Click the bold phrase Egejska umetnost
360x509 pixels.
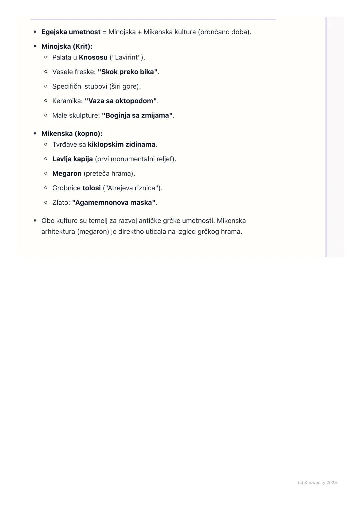pos(71,32)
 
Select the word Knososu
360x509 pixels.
pos(93,57)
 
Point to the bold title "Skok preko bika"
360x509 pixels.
pos(127,72)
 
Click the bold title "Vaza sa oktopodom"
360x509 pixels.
pos(121,101)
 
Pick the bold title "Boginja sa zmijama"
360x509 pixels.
pos(137,116)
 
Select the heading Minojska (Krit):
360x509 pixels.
pos(67,47)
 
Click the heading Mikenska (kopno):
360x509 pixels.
pos(72,134)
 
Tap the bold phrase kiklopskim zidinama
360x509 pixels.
pos(121,145)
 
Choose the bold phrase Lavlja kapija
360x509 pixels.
pos(72,159)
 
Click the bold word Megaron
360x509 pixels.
pos(67,174)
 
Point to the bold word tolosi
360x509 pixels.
pos(91,188)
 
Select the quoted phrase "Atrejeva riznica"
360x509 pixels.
pos(132,188)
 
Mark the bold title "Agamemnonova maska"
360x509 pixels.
pos(114,203)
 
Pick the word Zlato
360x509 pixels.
pos(60,203)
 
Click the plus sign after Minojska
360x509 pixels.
pos(139,32)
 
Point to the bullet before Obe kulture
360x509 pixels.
pos(35,221)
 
